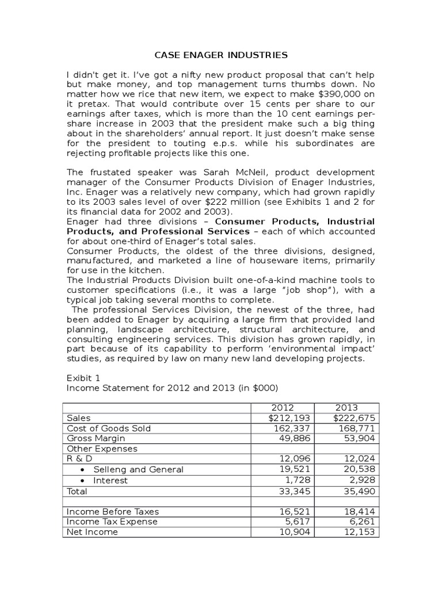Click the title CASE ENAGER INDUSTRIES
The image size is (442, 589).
coord(221,55)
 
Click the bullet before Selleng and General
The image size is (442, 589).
coord(83,469)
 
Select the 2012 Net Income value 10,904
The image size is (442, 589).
coord(295,532)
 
